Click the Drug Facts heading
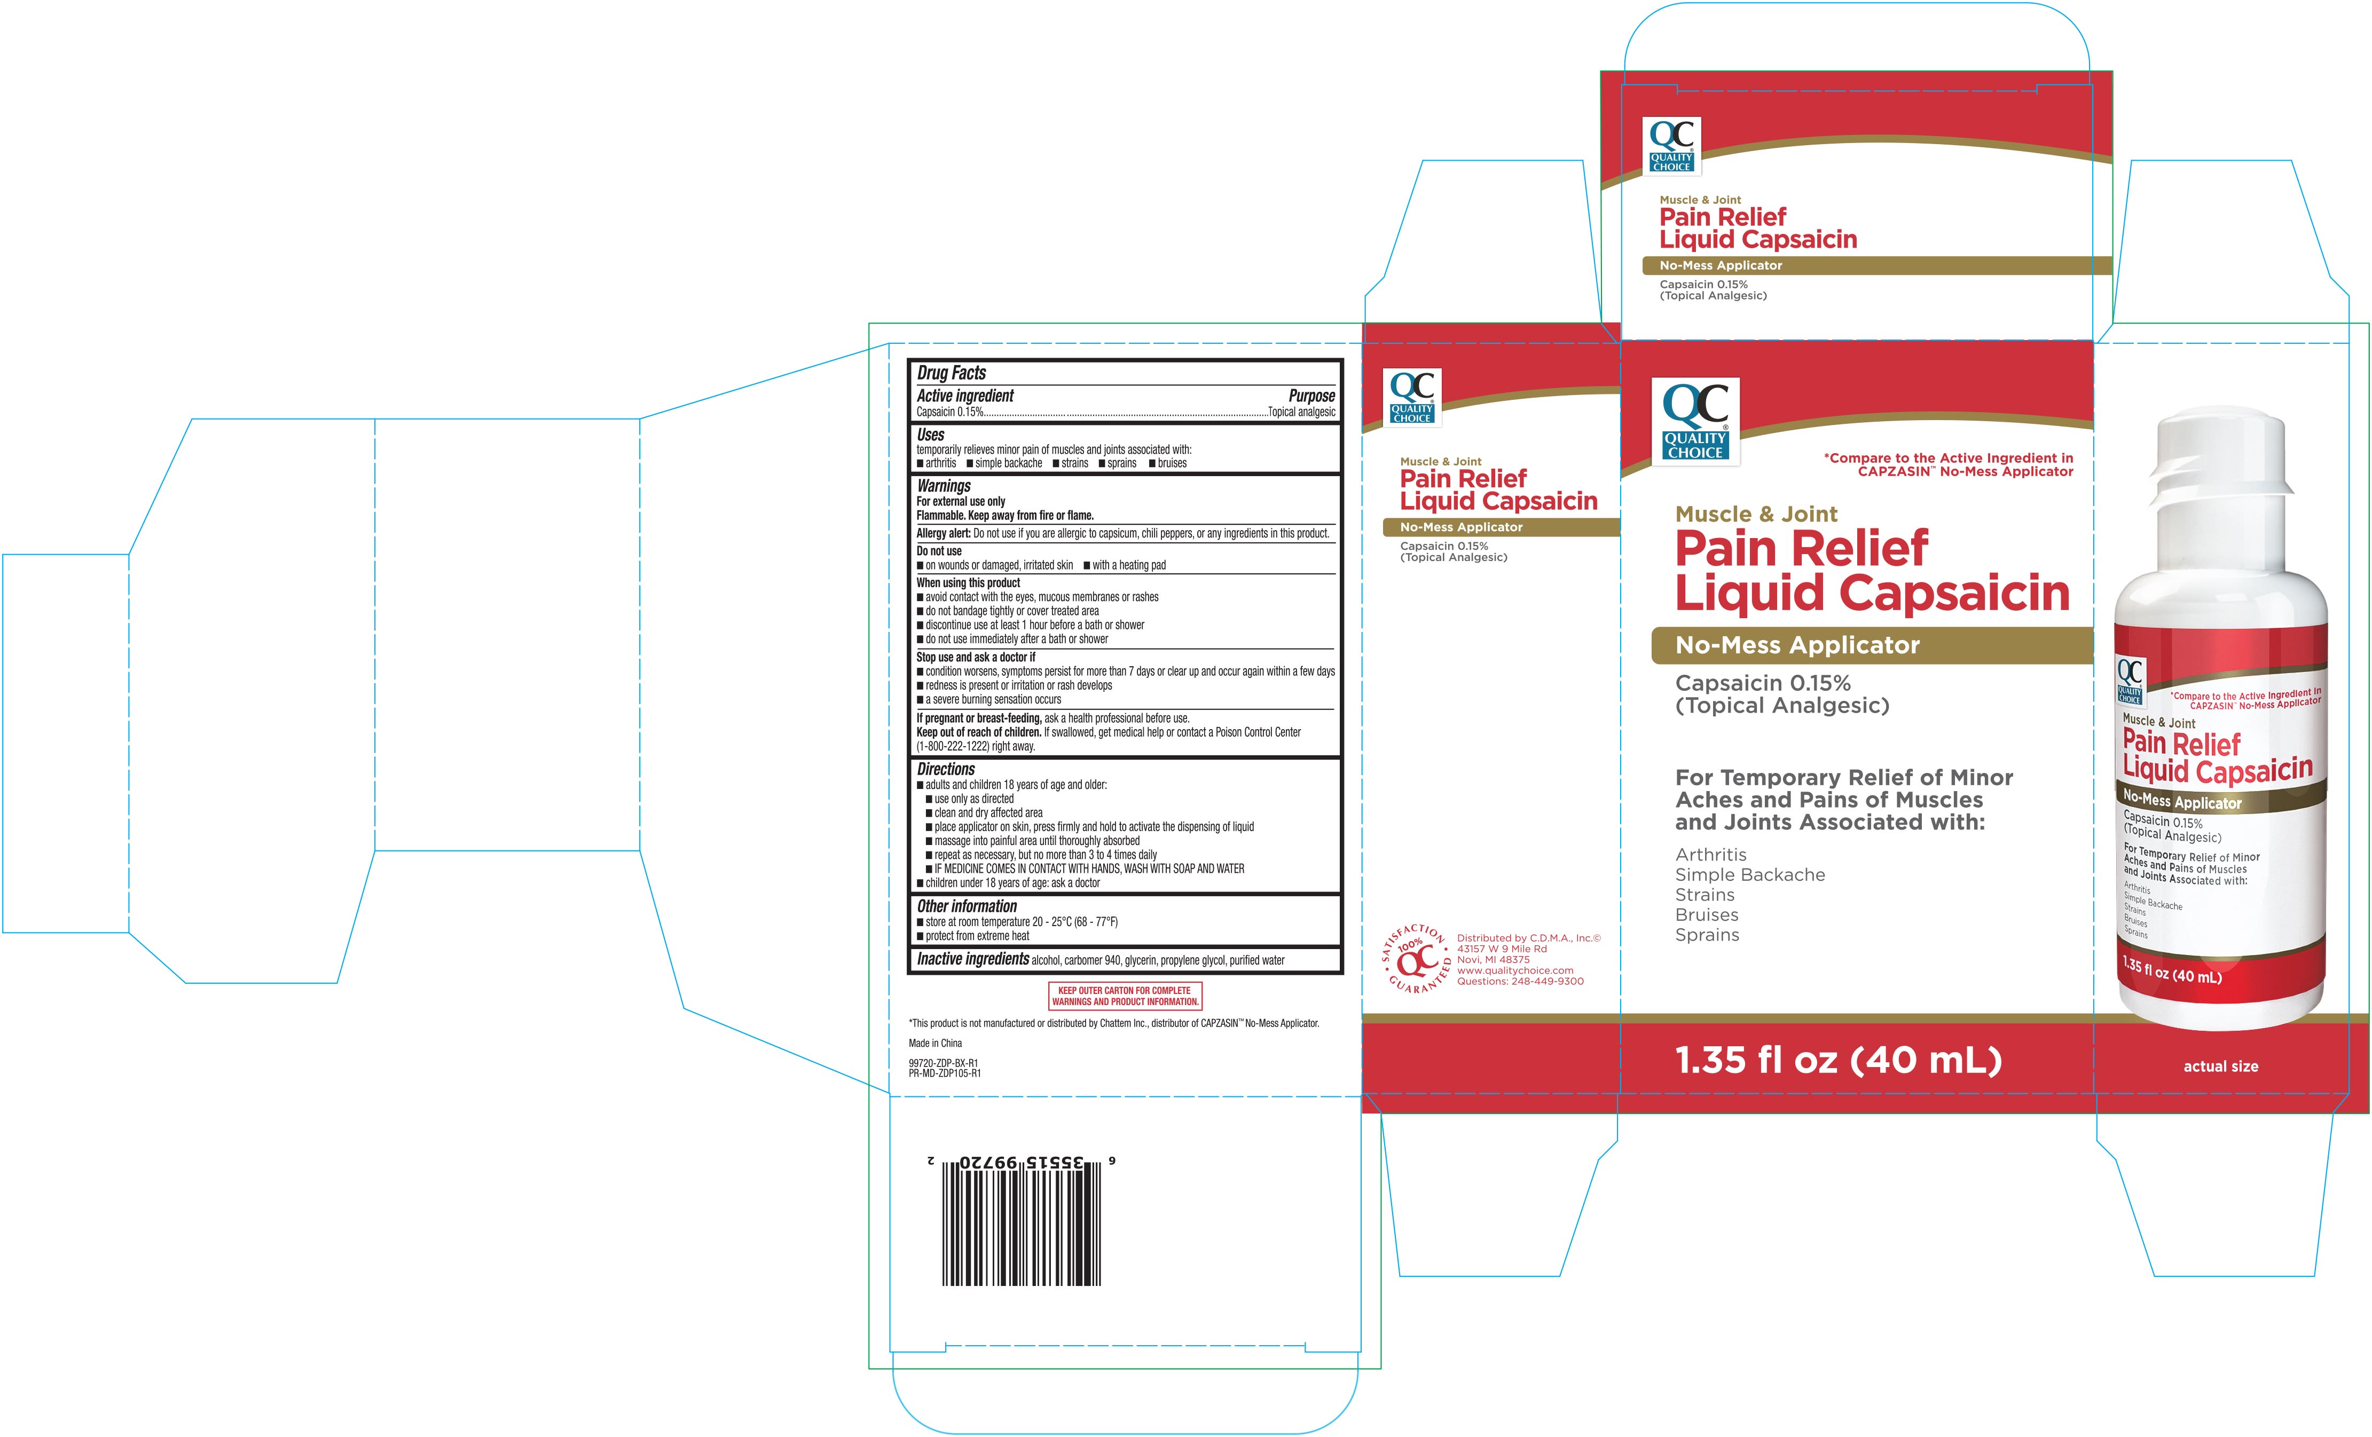(x=951, y=373)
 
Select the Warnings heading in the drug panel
(x=944, y=486)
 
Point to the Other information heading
(x=967, y=906)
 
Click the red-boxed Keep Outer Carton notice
(x=1125, y=995)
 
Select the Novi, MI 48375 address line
(x=1493, y=960)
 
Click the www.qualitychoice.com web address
(x=1515, y=970)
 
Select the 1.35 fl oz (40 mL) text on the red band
(x=1839, y=1060)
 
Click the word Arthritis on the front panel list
(x=1711, y=855)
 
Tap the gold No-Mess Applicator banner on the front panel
(x=1872, y=645)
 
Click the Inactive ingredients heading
(x=972, y=959)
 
